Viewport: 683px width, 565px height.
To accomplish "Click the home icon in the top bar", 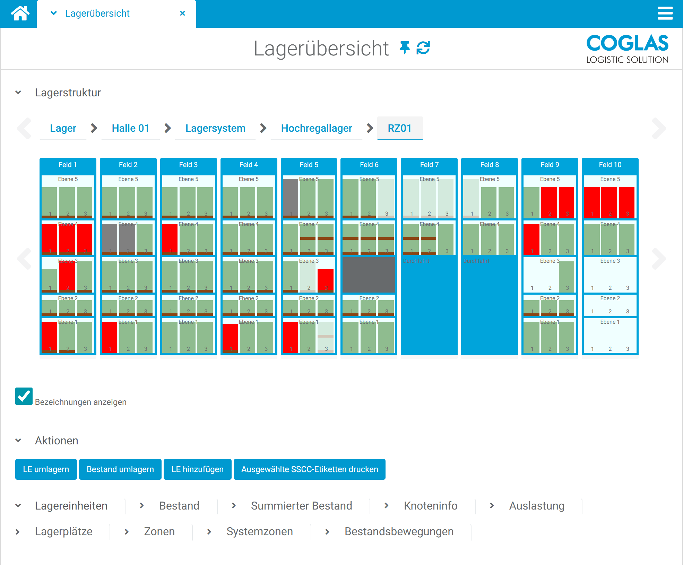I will (20, 14).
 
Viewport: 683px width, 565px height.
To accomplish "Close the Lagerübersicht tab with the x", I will (182, 14).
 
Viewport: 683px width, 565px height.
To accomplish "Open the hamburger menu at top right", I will (665, 14).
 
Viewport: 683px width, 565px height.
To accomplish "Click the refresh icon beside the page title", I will (423, 48).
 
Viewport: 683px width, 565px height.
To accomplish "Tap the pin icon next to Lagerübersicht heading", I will (404, 48).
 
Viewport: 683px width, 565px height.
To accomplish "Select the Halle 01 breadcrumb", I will (130, 128).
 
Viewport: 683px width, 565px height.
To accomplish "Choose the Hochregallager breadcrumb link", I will (316, 128).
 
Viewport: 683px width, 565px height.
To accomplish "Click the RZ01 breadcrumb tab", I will (399, 128).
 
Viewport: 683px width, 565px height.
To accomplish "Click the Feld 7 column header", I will (429, 165).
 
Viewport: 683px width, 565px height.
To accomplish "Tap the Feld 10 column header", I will (610, 165).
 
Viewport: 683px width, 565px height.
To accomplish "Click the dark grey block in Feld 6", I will (369, 275).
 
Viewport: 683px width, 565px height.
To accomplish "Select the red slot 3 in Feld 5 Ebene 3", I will (326, 279).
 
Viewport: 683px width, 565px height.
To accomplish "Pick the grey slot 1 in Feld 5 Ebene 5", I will (291, 198).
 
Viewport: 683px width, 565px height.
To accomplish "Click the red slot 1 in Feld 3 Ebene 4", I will (170, 238).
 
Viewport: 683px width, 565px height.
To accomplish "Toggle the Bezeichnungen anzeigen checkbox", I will (24, 396).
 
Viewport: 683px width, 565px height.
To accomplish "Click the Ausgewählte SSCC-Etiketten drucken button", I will (309, 469).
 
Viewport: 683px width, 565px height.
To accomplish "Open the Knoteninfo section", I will (430, 506).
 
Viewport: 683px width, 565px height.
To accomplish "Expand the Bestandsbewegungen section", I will (399, 531).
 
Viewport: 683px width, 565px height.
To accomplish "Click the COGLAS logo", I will (627, 49).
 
